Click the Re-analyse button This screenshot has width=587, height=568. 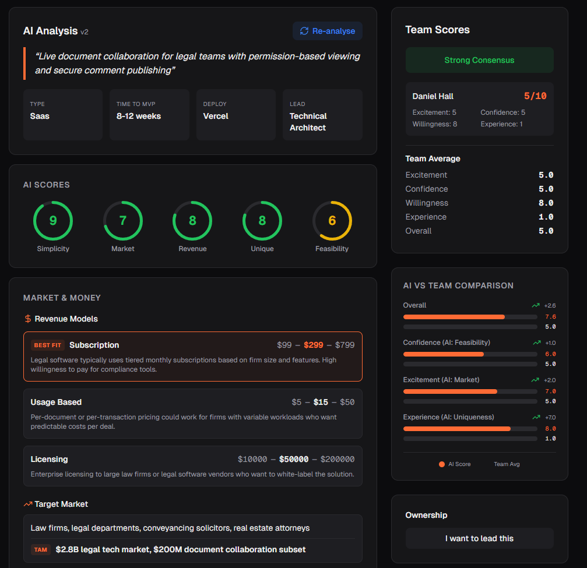pyautogui.click(x=327, y=31)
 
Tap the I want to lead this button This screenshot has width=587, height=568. pyautogui.click(x=479, y=538)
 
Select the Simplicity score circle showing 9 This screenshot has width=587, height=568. pyautogui.click(x=53, y=221)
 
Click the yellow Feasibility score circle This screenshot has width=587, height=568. pyautogui.click(x=332, y=221)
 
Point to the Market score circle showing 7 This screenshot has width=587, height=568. pyautogui.click(x=123, y=221)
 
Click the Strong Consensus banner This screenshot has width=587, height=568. pyautogui.click(x=479, y=60)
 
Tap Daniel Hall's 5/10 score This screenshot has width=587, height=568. pyautogui.click(x=535, y=96)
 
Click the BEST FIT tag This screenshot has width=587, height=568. pyautogui.click(x=47, y=345)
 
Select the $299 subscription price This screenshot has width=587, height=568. pyautogui.click(x=314, y=345)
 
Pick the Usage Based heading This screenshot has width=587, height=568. pyautogui.click(x=56, y=402)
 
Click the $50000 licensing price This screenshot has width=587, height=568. pyautogui.click(x=294, y=459)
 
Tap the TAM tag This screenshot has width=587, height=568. pyautogui.click(x=40, y=549)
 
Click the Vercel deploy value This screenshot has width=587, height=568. pyautogui.click(x=216, y=116)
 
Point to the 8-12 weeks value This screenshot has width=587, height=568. pyautogui.click(x=139, y=116)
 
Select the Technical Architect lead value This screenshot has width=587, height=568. pyautogui.click(x=308, y=122)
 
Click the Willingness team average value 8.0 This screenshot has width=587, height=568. pyautogui.click(x=546, y=203)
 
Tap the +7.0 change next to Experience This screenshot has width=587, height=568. pyautogui.click(x=550, y=417)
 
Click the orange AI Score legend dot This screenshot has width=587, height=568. pyautogui.click(x=442, y=464)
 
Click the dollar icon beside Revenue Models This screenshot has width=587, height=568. pyautogui.click(x=27, y=319)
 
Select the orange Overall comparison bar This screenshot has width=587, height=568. pyautogui.click(x=454, y=317)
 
